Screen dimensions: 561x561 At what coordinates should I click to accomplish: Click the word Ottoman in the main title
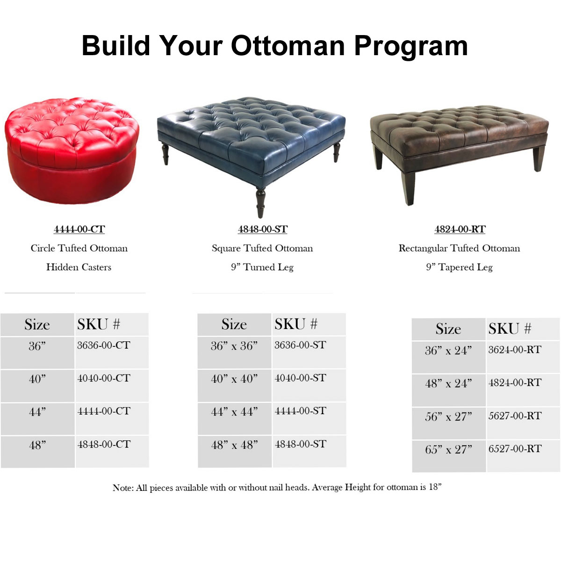point(288,45)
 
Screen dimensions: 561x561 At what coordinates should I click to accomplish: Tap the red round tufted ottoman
point(72,150)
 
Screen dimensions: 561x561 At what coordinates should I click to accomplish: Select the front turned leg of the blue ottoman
point(260,202)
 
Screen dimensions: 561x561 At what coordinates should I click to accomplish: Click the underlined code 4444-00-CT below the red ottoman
point(79,229)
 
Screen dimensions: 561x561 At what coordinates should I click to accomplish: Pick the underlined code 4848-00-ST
point(263,229)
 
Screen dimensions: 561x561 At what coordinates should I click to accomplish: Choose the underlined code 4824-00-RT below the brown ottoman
point(460,229)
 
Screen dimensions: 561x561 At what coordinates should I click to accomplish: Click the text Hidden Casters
point(79,267)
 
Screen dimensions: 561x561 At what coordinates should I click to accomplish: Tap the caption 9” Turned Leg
point(262,267)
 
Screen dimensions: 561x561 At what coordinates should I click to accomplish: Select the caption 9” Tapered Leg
point(460,267)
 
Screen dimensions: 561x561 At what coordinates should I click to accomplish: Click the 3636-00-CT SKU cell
point(112,352)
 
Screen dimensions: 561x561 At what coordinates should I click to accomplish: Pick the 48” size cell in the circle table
point(37,452)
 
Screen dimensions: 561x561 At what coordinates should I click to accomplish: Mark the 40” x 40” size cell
point(234,385)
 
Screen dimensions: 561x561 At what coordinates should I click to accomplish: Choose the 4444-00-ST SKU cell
point(309,418)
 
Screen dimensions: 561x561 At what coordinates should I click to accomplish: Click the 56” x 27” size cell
point(449,423)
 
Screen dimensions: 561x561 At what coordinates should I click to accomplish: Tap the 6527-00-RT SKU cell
point(523,456)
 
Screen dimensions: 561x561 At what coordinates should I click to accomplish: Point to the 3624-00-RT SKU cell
point(523,357)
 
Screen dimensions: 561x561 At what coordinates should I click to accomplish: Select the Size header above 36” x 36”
point(234,324)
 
